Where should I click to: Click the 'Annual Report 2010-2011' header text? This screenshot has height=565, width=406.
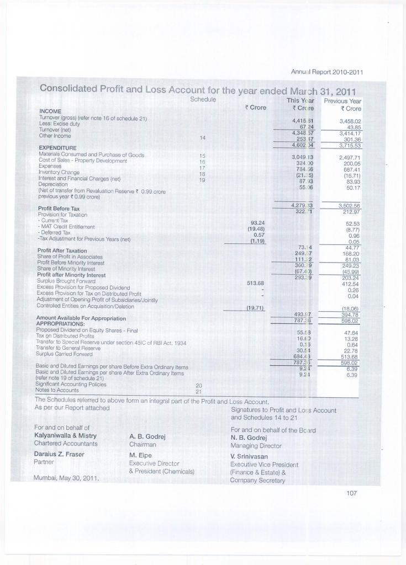pyautogui.click(x=330, y=71)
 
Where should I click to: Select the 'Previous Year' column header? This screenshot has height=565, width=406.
pyautogui.click(x=342, y=101)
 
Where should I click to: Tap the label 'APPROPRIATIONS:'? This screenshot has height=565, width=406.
pyautogui.click(x=59, y=324)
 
